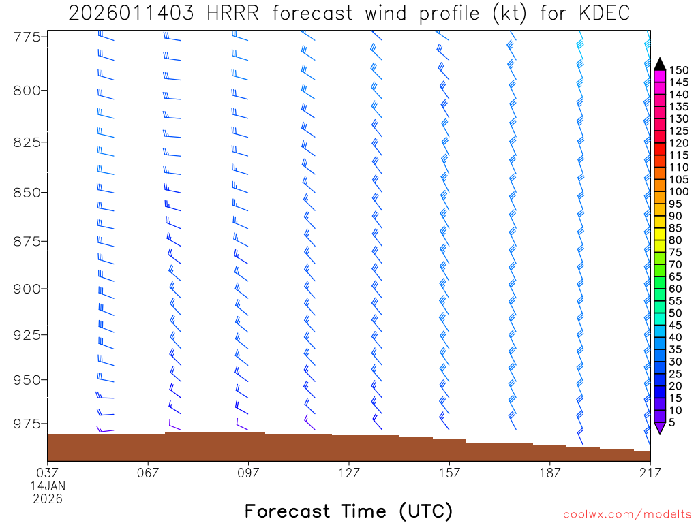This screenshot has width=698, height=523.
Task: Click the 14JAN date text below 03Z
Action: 48,486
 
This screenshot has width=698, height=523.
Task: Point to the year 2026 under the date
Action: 48,498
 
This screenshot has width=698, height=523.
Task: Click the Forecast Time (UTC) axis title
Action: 348,511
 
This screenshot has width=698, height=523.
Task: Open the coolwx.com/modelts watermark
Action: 626,514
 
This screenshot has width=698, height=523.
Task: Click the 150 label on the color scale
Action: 679,70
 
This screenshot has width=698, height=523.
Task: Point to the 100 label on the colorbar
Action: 679,191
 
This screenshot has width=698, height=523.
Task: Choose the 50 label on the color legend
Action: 676,313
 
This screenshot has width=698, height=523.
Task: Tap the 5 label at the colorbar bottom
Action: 672,422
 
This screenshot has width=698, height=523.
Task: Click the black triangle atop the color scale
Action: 660,65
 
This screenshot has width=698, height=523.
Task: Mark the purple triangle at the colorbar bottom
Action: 660,428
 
